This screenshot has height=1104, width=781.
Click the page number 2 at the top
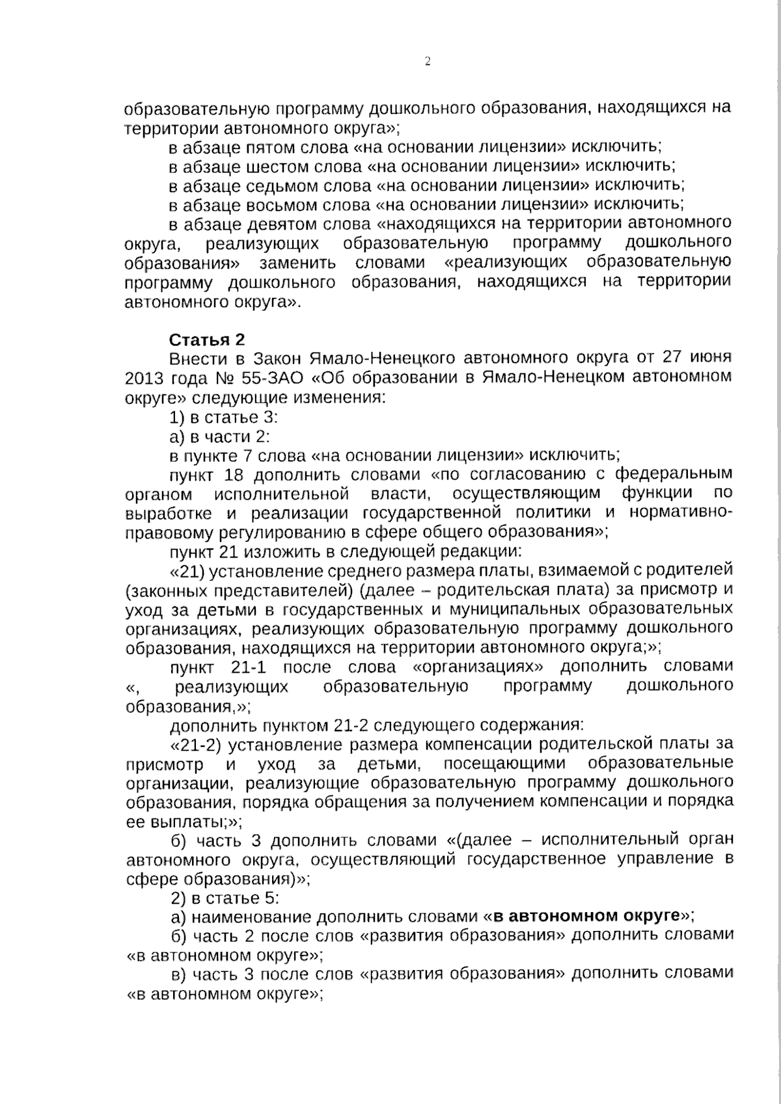click(428, 62)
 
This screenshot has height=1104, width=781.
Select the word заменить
click(298, 263)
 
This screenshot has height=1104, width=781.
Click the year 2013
click(146, 378)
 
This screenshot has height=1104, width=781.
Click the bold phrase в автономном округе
click(586, 917)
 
